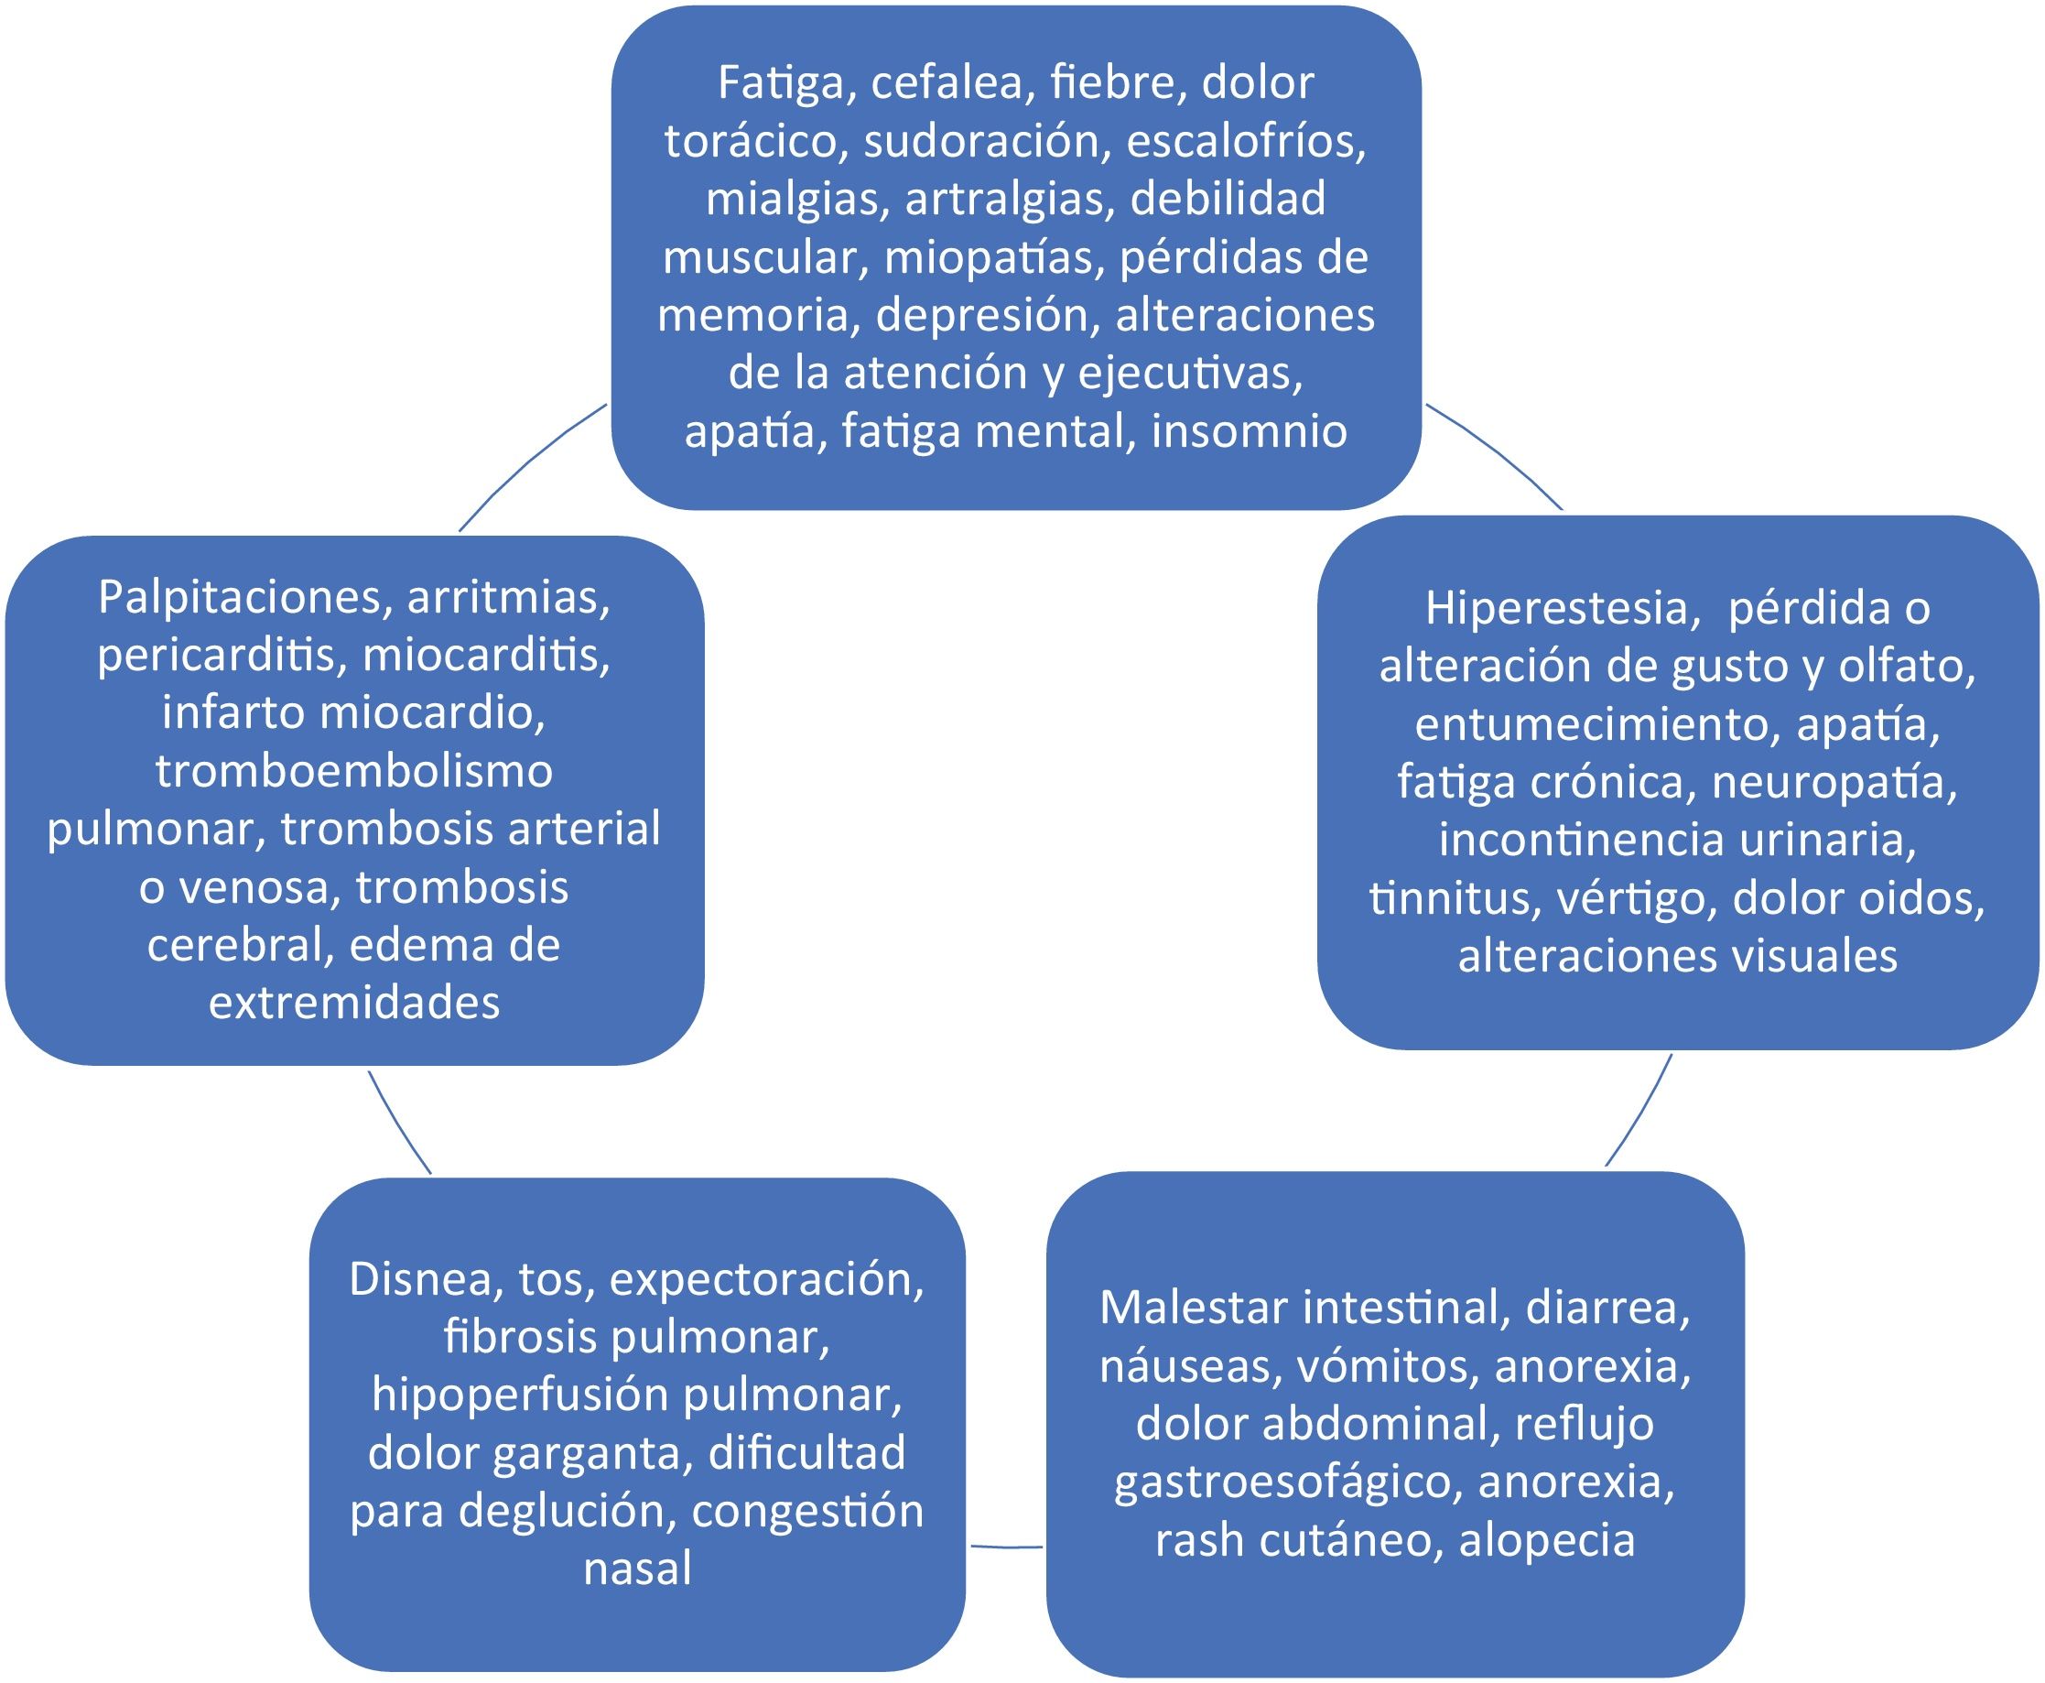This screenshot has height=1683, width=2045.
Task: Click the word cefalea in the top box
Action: coord(946,83)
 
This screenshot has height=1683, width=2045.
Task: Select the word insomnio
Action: coord(1250,431)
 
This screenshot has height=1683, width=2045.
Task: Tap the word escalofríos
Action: coord(1246,142)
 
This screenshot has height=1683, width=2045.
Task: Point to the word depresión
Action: coord(988,316)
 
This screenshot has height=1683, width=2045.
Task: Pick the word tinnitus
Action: coord(1453,898)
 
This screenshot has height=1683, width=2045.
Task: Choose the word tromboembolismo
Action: coord(353,772)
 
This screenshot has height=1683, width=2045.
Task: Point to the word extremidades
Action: coord(353,1004)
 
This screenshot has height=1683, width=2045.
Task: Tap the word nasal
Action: coord(637,1569)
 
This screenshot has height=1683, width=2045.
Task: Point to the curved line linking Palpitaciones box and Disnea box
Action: coord(397,1123)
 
